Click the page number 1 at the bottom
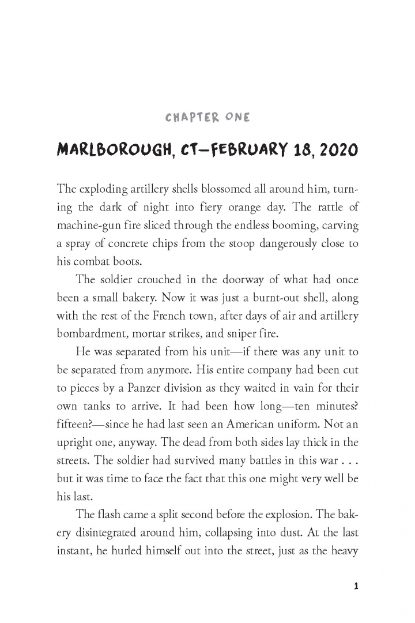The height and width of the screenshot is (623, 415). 356,586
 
